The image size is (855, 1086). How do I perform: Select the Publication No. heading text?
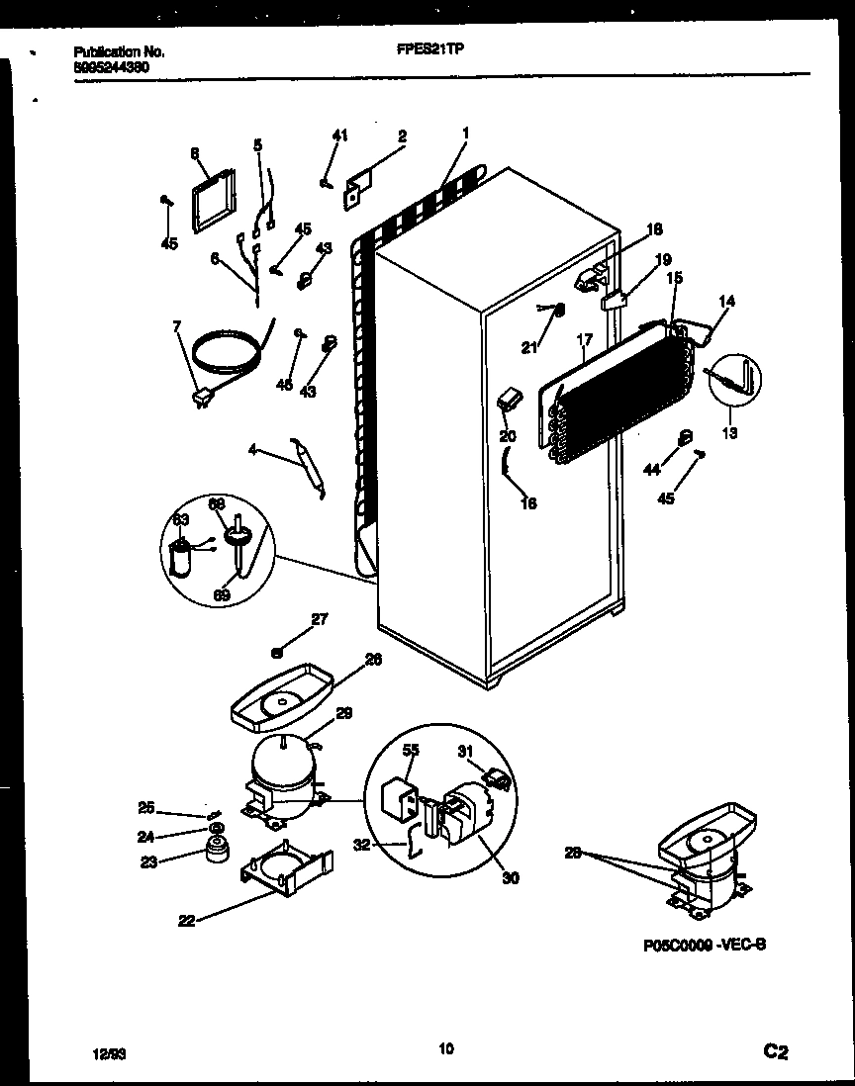tap(120, 51)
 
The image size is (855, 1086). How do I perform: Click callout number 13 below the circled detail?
tap(729, 431)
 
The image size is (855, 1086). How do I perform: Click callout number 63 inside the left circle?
tap(181, 518)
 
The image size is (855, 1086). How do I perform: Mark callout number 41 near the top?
tap(339, 136)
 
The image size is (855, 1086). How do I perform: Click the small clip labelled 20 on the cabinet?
tap(508, 400)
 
